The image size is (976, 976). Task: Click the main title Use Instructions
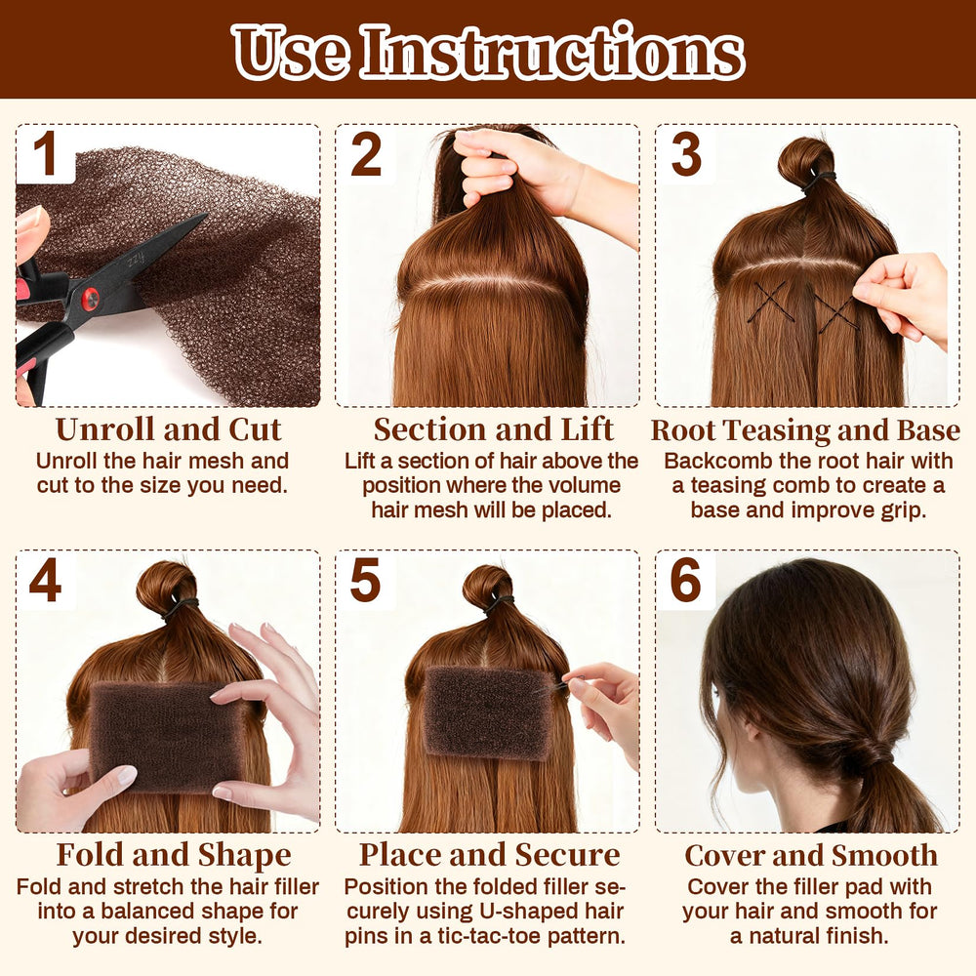tap(488, 53)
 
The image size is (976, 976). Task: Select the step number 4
tap(46, 580)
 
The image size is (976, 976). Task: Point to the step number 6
tap(685, 580)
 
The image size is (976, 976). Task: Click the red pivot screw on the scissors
tap(91, 299)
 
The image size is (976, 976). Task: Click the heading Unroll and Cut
tap(168, 429)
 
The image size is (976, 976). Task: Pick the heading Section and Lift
tap(493, 429)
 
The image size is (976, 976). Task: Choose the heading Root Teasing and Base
tap(805, 430)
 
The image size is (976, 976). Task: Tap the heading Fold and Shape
tap(174, 855)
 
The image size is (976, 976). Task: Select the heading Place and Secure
tap(489, 855)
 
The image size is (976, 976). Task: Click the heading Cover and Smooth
tap(811, 855)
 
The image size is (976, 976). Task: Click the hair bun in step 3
tap(805, 161)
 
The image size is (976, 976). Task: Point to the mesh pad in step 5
tap(489, 712)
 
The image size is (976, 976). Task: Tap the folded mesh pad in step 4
tap(167, 737)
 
